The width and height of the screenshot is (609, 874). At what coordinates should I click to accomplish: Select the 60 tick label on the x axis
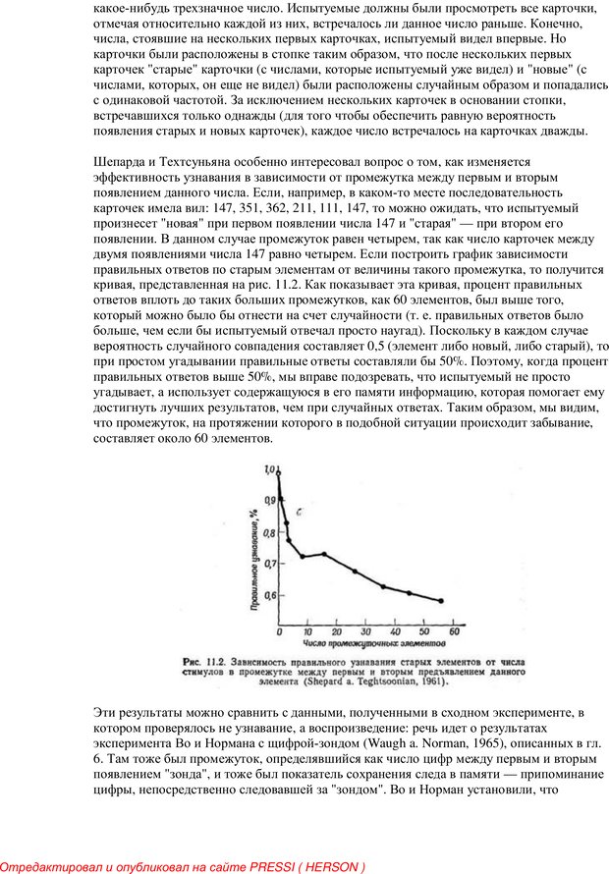point(455,630)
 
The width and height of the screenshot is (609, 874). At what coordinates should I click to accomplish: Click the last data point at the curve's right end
point(440,600)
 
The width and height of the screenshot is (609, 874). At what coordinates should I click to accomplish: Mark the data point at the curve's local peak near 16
point(324,554)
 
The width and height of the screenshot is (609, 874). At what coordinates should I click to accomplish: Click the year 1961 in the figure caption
point(436,682)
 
